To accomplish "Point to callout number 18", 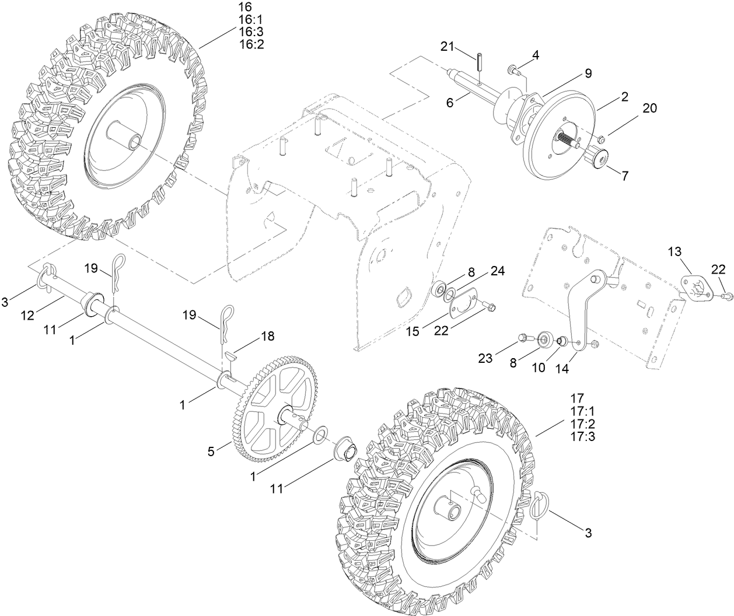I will [268, 337].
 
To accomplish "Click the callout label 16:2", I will [251, 44].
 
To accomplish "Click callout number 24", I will [497, 271].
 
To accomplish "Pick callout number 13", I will [674, 251].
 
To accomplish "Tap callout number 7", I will [625, 175].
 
